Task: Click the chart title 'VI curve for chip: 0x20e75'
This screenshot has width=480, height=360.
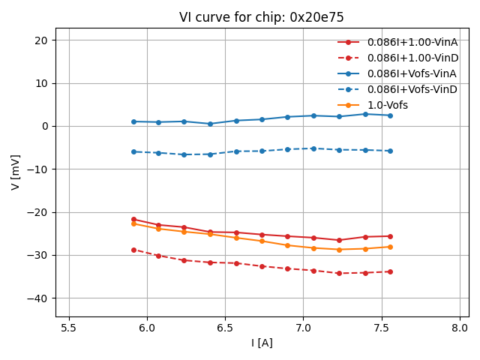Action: [x=261, y=17]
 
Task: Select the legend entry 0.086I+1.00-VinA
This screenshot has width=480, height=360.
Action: [x=412, y=42]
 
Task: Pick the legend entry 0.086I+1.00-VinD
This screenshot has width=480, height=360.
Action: [x=412, y=58]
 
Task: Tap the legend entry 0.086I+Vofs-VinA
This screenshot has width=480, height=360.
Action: [x=412, y=73]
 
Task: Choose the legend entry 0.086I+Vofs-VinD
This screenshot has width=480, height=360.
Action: [x=412, y=89]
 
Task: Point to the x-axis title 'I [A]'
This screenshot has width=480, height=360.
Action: [x=261, y=343]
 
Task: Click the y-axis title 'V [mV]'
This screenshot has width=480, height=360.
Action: [x=16, y=172]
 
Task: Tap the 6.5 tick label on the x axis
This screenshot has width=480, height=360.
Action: [x=225, y=328]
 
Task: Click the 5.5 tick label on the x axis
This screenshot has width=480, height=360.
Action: [x=69, y=328]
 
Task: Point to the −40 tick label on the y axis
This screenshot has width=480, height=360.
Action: [x=37, y=298]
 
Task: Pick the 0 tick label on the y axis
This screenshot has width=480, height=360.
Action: [x=46, y=126]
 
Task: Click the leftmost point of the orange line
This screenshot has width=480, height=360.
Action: [x=133, y=223]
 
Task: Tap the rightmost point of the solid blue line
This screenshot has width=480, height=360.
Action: [x=390, y=115]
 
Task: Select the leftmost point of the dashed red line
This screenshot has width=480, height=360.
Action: [x=133, y=250]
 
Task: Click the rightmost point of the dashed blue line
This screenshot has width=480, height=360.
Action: [x=390, y=151]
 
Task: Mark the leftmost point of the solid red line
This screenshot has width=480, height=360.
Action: [x=133, y=219]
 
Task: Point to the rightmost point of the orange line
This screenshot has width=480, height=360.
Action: [x=390, y=247]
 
